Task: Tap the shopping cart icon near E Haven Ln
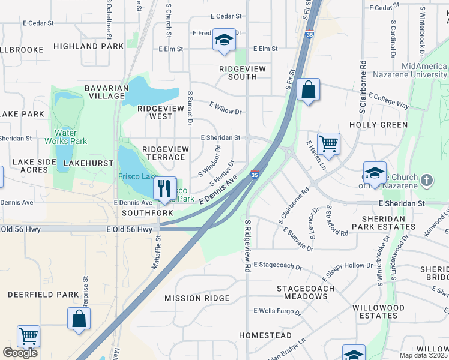[x=328, y=143]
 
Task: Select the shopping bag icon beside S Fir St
[x=308, y=90]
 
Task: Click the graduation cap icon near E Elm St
[x=224, y=41]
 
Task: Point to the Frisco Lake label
[x=137, y=177]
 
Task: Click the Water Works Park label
[x=71, y=137]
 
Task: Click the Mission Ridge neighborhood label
[x=197, y=298]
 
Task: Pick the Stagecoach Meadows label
[x=301, y=292]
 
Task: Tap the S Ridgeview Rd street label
[x=247, y=246]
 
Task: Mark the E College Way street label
[x=388, y=100]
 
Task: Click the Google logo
[x=20, y=353]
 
